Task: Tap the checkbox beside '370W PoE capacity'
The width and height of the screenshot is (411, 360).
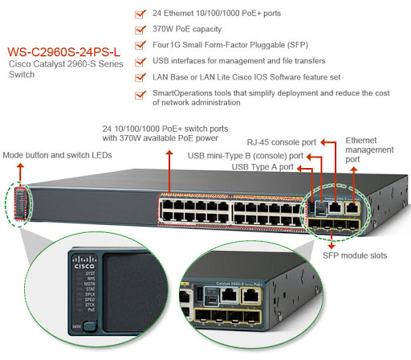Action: (x=140, y=29)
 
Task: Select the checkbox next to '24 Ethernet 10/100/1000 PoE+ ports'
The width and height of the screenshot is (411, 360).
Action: (x=140, y=13)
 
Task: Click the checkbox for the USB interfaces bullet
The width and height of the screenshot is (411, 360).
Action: (x=140, y=61)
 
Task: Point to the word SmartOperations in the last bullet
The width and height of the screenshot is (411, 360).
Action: (x=184, y=93)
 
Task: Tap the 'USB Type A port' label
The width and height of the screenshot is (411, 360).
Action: (x=262, y=166)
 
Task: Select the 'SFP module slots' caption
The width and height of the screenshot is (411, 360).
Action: (x=354, y=255)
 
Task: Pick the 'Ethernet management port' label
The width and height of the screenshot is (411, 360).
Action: (x=368, y=149)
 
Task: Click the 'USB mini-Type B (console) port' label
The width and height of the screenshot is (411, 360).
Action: (x=245, y=155)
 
